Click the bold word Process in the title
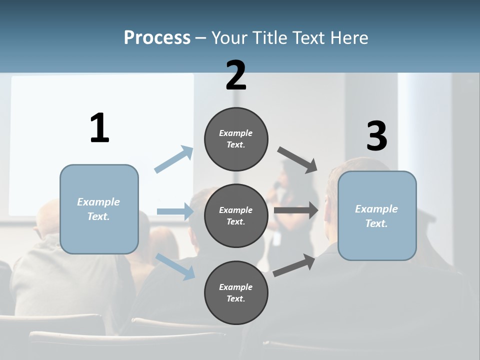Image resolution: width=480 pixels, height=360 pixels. click(x=157, y=38)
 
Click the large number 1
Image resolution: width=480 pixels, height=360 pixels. click(x=99, y=128)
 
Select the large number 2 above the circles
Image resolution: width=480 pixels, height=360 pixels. click(x=236, y=76)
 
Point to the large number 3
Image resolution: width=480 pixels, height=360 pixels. click(x=376, y=136)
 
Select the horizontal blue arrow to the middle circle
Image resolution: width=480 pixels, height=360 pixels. click(x=175, y=211)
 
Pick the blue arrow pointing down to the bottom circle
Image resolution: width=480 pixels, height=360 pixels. click(x=175, y=265)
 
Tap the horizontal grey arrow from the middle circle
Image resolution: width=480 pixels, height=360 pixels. click(x=296, y=210)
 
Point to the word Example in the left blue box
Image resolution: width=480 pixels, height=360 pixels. click(x=98, y=202)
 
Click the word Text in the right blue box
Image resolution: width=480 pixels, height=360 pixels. click(x=376, y=223)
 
